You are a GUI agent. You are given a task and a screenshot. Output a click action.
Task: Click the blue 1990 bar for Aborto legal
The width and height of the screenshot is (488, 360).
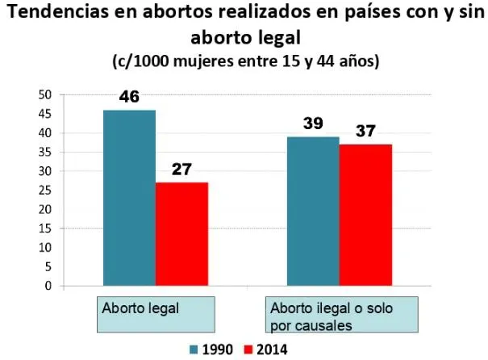(x=130, y=198)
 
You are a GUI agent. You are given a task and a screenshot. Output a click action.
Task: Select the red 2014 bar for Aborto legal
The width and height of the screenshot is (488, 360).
(x=181, y=234)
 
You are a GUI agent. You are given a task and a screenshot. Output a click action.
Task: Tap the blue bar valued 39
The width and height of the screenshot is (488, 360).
(x=313, y=211)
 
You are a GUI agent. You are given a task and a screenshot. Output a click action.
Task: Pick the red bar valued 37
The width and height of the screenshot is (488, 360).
(x=365, y=215)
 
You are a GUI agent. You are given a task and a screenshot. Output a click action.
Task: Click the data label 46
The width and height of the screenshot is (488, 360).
(x=130, y=97)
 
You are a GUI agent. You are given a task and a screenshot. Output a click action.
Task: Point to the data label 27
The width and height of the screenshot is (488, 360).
(x=181, y=169)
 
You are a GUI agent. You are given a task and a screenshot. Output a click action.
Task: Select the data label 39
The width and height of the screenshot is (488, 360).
(x=313, y=123)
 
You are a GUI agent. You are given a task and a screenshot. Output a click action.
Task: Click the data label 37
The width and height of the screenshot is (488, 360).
(x=365, y=131)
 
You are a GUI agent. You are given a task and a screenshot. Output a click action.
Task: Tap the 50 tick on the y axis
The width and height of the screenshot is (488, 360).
(x=45, y=94)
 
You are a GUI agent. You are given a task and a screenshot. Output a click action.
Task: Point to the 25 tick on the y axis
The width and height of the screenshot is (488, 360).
(x=45, y=190)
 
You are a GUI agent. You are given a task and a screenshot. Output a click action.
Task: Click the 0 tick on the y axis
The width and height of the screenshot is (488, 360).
(x=48, y=286)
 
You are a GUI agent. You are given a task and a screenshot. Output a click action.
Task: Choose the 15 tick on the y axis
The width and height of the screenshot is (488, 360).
(x=45, y=228)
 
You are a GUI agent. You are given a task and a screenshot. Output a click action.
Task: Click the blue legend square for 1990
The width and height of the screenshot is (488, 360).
(x=194, y=350)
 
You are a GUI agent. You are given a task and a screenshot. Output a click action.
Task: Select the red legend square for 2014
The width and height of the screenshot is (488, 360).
(x=248, y=350)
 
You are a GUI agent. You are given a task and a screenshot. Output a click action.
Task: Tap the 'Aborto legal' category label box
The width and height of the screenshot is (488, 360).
(x=156, y=314)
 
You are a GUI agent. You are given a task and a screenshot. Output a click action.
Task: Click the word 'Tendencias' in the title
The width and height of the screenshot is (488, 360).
(x=58, y=12)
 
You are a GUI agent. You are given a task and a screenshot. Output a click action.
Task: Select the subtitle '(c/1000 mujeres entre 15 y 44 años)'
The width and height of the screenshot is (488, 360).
(x=246, y=61)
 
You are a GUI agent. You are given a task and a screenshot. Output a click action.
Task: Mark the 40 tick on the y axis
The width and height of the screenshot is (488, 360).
(x=45, y=133)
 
